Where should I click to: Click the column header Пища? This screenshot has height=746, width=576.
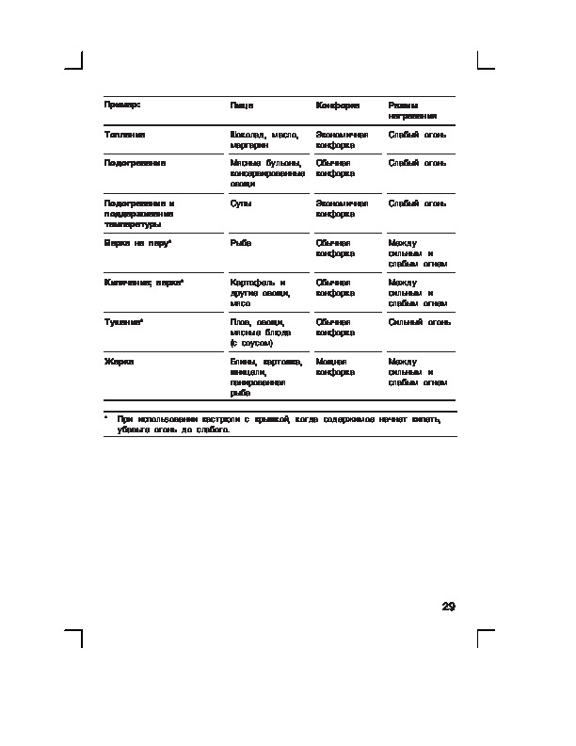(242, 105)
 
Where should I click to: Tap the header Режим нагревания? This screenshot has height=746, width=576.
(412, 110)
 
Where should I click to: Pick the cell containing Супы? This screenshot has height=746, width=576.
(241, 203)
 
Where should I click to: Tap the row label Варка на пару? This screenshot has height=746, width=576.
(137, 243)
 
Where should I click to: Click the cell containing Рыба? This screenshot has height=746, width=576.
(241, 243)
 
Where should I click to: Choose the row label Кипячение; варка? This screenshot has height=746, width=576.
(143, 283)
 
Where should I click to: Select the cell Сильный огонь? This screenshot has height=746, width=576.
(420, 322)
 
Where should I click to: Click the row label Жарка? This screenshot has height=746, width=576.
(119, 362)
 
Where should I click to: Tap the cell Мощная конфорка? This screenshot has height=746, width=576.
(336, 367)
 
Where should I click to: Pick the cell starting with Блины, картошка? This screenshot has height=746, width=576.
(265, 377)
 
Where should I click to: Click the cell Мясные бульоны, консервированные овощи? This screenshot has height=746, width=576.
(267, 173)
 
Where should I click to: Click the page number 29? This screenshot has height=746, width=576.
(448, 606)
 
